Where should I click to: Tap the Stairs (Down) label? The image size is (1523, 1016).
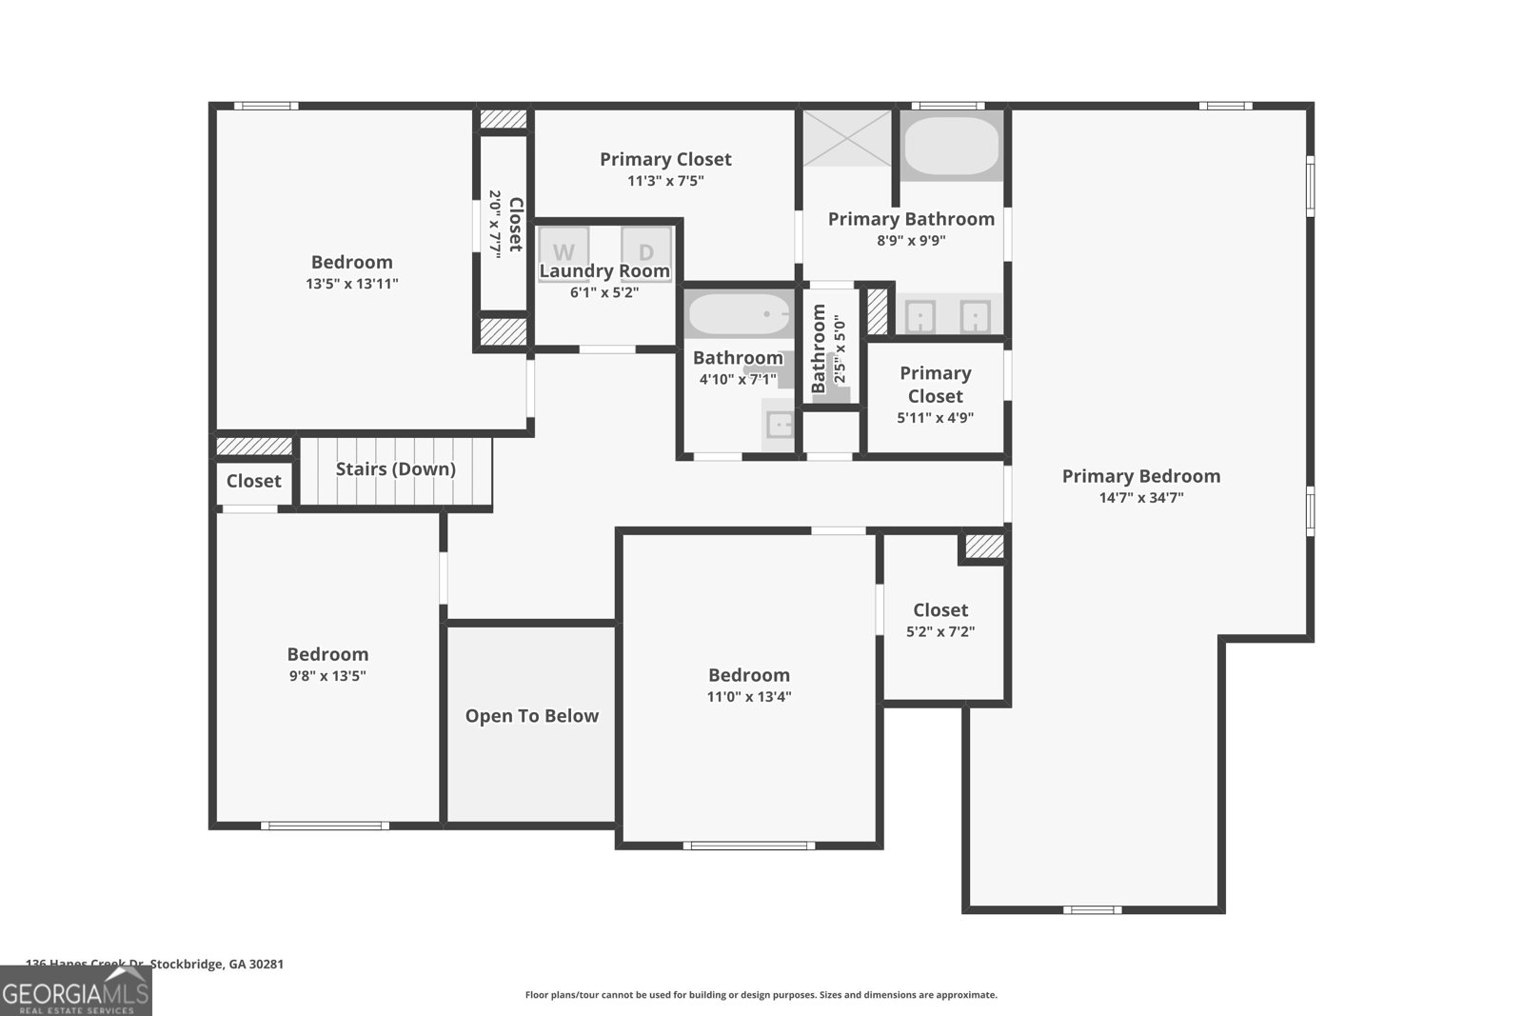395,468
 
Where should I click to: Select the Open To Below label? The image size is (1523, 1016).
531,716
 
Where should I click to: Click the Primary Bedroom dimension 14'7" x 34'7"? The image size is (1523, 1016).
1140,497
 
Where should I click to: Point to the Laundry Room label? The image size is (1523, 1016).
604,271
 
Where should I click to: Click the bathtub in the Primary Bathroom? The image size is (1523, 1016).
951,146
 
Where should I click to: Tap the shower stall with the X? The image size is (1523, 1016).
847,139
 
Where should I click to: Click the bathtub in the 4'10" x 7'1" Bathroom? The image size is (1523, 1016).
739,313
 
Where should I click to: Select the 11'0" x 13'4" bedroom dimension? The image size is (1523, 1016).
749,696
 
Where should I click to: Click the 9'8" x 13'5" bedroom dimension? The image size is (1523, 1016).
327,676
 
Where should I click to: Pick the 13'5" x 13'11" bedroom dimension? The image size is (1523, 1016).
351,283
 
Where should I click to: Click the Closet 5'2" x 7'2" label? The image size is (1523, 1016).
940,610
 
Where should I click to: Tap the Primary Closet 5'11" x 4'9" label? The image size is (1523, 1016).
935,385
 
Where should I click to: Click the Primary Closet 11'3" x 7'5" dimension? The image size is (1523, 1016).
665,181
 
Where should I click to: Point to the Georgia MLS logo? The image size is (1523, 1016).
75,991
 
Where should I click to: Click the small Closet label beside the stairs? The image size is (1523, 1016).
253,481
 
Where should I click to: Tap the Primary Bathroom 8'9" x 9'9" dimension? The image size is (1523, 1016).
910,241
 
